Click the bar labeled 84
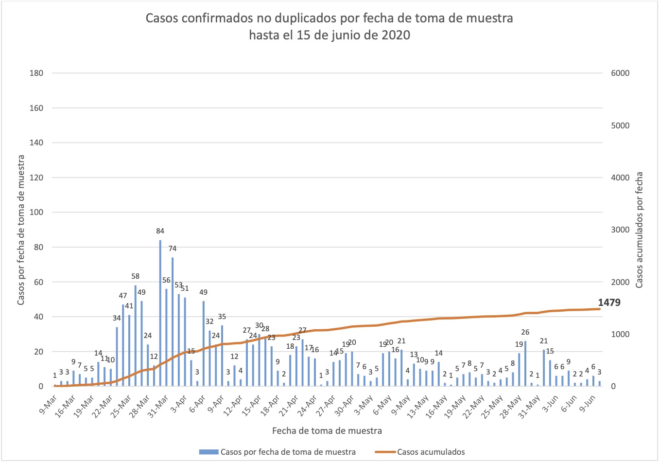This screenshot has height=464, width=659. tap(160, 311)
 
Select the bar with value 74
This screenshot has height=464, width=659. tap(173, 321)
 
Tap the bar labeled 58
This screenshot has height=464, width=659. tap(136, 336)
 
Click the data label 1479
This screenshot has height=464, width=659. tap(609, 303)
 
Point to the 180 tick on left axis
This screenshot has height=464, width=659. tap(37, 73)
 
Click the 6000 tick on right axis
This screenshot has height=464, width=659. tap(620, 73)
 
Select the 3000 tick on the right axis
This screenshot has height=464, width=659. tap(620, 230)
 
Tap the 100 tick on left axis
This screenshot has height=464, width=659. tap(37, 212)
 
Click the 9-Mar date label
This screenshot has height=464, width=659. tap(48, 403)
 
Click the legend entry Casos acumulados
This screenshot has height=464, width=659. tap(431, 452)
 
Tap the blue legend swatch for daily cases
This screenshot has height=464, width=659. tap(208, 452)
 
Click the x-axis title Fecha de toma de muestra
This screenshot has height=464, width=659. tap(327, 430)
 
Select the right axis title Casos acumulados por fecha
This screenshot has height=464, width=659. tap(639, 230)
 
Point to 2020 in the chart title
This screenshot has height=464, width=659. tap(396, 35)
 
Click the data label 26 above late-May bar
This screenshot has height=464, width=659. tap(525, 332)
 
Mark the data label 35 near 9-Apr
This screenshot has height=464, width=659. tap(222, 317)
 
